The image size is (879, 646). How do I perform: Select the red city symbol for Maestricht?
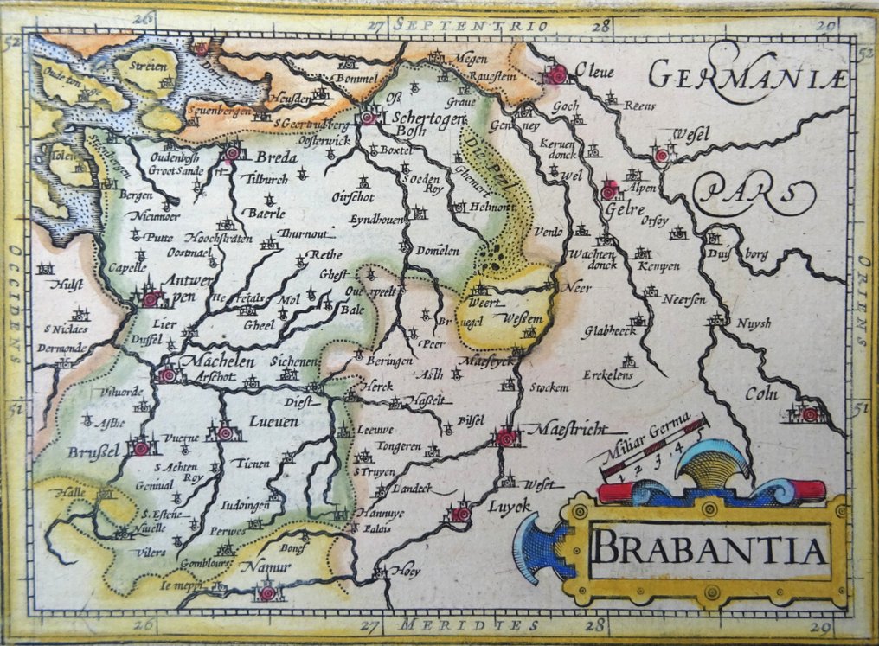point(506,438)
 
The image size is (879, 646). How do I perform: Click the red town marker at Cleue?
point(555,76)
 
